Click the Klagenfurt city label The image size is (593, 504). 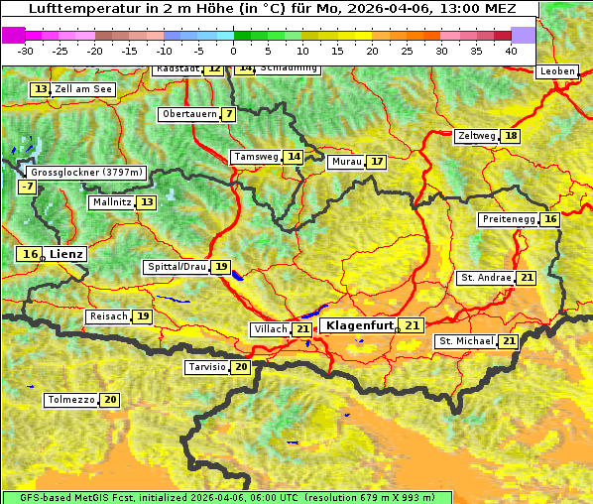[360, 324]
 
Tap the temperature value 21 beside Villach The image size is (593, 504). [302, 329]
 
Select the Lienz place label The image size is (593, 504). [67, 254]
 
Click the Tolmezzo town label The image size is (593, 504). [70, 400]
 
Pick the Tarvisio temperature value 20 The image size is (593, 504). [241, 367]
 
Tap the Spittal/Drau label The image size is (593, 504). [177, 267]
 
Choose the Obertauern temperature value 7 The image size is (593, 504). [229, 114]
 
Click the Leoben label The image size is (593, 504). [556, 71]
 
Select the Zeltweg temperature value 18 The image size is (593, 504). [511, 136]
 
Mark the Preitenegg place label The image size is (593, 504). [509, 219]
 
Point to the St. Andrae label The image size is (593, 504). [485, 278]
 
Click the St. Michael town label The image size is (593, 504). [467, 341]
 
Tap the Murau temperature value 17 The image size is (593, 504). [376, 162]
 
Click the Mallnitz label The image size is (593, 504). [111, 202]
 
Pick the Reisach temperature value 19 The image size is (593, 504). [143, 316]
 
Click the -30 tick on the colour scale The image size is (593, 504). [26, 50]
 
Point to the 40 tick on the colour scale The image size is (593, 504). [511, 50]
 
